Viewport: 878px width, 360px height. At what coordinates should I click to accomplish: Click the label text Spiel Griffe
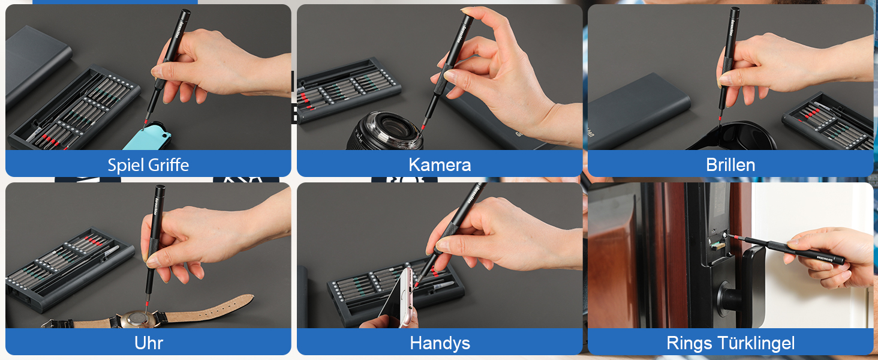point(148,164)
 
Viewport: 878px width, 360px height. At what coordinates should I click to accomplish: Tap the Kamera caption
point(440,164)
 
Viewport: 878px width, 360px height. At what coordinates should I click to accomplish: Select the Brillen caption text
point(730,164)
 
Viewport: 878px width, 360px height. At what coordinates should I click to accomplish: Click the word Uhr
point(148,343)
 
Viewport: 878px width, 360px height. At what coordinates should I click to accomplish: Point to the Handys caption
point(440,343)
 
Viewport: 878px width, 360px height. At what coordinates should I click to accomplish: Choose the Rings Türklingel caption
point(730,343)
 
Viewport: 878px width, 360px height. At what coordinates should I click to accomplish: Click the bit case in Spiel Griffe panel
point(75,108)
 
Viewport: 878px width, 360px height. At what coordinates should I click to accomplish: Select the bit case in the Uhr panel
point(66,267)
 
